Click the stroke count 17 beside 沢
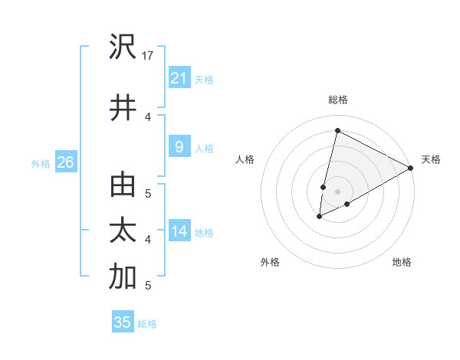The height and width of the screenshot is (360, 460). [x=149, y=56]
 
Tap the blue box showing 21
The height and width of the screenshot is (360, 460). [x=179, y=77]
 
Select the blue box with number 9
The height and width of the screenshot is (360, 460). [x=179, y=147]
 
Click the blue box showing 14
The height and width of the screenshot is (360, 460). [x=179, y=231]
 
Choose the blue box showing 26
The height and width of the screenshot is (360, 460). [x=65, y=162]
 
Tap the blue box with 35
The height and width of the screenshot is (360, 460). [x=123, y=322]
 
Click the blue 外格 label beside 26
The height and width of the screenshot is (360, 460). [x=41, y=163]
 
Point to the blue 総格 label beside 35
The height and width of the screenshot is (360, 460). [x=147, y=324]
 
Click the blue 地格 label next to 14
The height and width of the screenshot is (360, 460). [x=204, y=233]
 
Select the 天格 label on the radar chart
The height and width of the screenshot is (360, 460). [x=431, y=159]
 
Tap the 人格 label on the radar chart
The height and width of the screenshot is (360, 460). [x=245, y=159]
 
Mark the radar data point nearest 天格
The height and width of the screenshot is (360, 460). [x=411, y=168]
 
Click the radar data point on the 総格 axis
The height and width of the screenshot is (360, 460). [x=337, y=131]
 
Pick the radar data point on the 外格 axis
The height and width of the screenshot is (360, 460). [x=319, y=218]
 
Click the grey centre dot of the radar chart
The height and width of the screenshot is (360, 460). [x=337, y=191]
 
